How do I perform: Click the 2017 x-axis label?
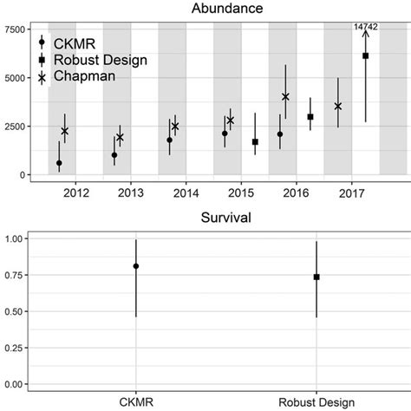click(x=352, y=192)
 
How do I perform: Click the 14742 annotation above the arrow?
click(x=366, y=28)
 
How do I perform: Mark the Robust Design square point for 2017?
click(x=365, y=55)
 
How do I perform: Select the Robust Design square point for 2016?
click(x=310, y=116)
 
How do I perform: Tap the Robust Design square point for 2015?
click(x=255, y=141)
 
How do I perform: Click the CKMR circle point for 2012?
click(x=59, y=163)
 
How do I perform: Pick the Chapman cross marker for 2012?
click(x=65, y=131)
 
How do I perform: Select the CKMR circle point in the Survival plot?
click(x=136, y=266)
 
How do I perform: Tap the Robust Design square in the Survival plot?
click(x=316, y=277)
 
